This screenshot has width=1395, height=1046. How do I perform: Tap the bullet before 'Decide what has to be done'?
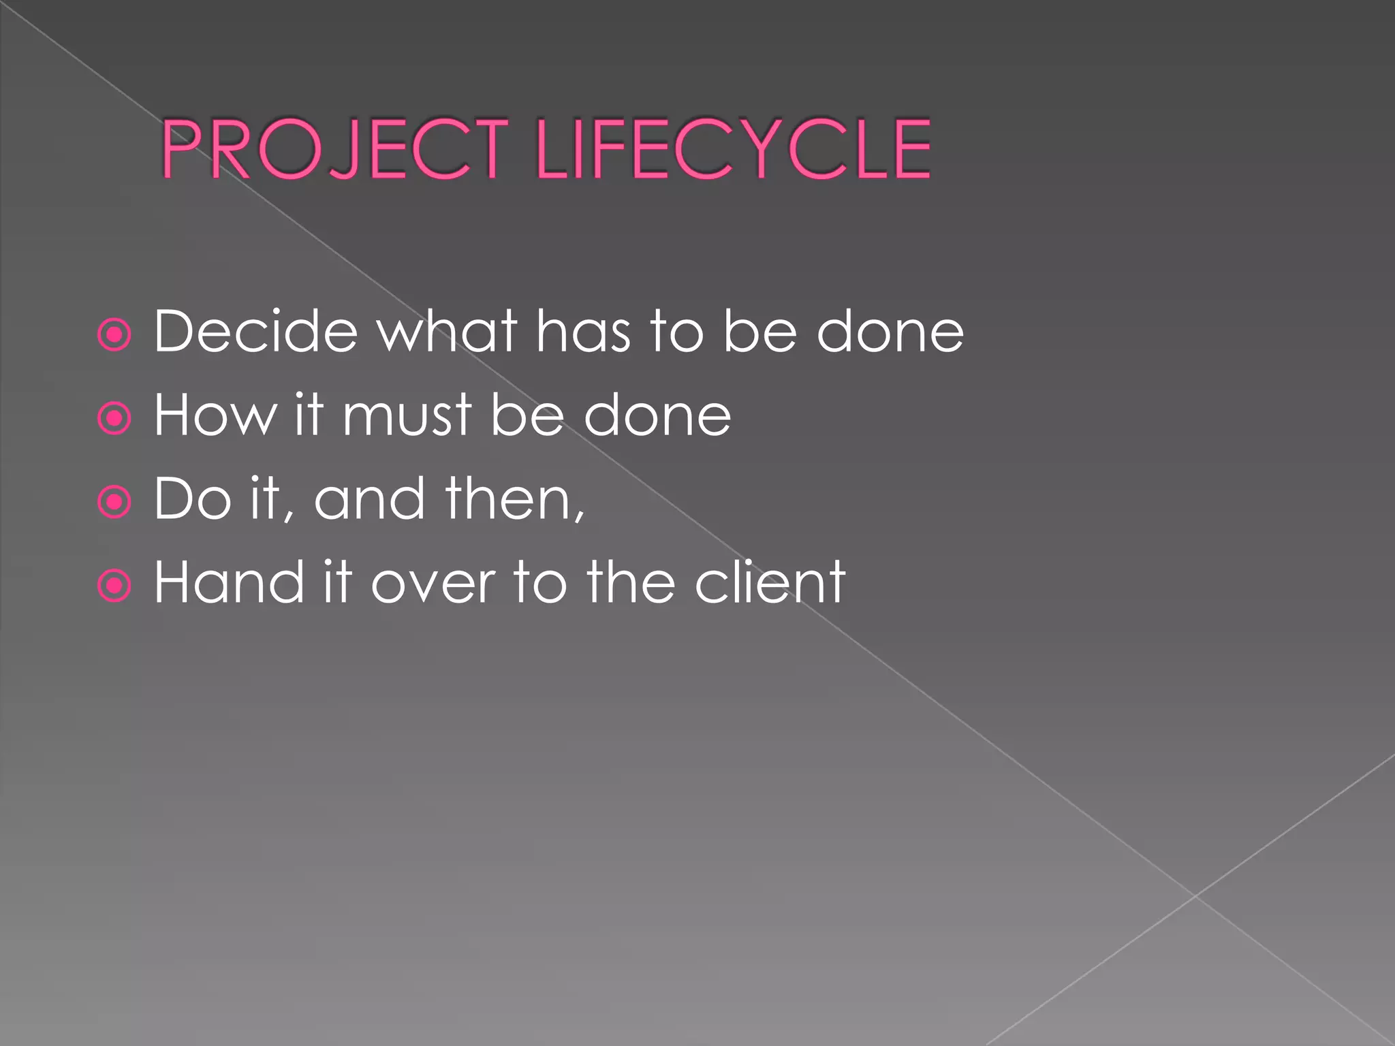pos(114,334)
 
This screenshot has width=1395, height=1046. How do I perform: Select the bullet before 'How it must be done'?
pos(114,418)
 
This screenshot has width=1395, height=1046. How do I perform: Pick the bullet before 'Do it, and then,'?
pos(114,502)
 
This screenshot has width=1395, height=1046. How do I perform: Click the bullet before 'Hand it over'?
pos(114,586)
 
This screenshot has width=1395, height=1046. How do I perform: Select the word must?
pos(407,416)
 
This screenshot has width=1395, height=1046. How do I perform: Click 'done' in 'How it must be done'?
pos(657,415)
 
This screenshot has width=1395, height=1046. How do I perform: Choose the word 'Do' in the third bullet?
pos(193,499)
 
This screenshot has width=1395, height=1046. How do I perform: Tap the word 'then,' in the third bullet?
pos(515,499)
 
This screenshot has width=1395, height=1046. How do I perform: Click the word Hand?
pos(229,582)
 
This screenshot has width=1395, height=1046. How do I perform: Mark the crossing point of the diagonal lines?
pos(1195,896)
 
